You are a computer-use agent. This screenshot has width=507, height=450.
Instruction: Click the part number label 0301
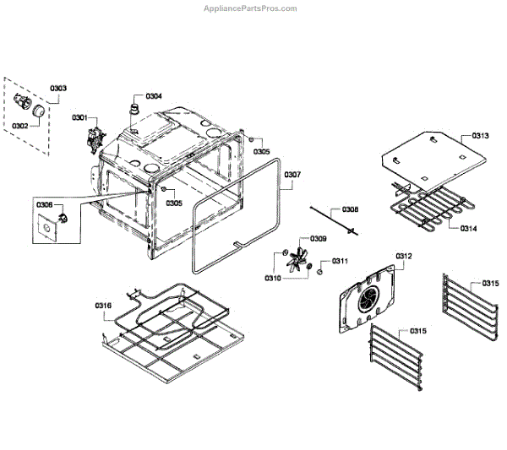pyautogui.click(x=79, y=117)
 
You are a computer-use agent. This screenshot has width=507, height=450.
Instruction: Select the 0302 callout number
pyautogui.click(x=19, y=125)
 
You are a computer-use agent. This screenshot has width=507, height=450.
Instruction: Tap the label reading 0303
pyautogui.click(x=58, y=88)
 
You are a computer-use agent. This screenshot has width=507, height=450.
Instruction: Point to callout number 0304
pyautogui.click(x=154, y=95)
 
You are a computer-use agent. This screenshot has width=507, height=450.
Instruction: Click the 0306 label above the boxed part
pyautogui.click(x=44, y=204)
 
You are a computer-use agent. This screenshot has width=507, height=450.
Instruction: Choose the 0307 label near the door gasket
pyautogui.click(x=292, y=175)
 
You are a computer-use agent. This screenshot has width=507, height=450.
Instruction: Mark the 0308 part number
pyautogui.click(x=349, y=209)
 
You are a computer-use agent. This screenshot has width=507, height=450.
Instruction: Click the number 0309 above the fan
pyautogui.click(x=319, y=239)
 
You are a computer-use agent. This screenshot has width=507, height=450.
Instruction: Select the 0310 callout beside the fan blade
pyautogui.click(x=273, y=278)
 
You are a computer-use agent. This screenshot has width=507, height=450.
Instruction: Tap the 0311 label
pyautogui.click(x=341, y=261)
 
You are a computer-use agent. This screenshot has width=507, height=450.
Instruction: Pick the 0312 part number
pyautogui.click(x=403, y=256)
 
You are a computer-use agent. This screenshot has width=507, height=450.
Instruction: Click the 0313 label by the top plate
pyautogui.click(x=480, y=136)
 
